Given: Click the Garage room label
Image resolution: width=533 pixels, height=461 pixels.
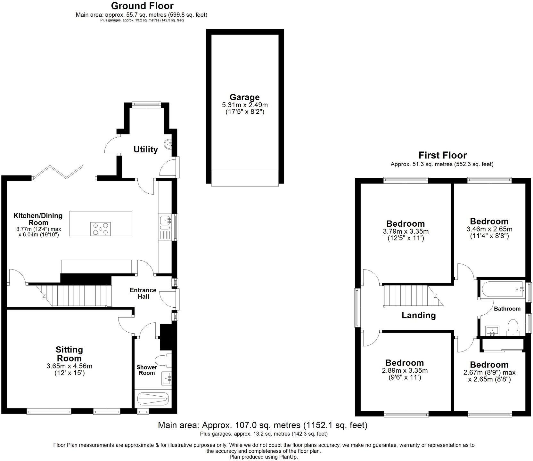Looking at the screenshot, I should pyautogui.click(x=244, y=97).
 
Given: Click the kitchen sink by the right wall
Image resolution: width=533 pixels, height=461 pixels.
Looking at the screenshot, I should pyautogui.click(x=166, y=220).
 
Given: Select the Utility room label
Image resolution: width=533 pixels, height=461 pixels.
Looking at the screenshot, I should pyautogui.click(x=146, y=150).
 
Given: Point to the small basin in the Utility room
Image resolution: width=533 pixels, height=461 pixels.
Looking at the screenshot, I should pyautogui.click(x=168, y=144).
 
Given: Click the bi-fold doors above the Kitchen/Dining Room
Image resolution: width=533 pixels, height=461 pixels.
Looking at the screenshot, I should pyautogui.click(x=58, y=172).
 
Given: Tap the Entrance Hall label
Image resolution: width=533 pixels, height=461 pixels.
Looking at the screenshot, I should pyautogui.click(x=143, y=293).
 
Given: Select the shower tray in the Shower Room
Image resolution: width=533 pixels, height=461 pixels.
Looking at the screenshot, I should pyautogui.click(x=152, y=399).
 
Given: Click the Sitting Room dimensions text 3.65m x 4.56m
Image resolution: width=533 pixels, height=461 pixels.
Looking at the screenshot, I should pyautogui.click(x=69, y=366).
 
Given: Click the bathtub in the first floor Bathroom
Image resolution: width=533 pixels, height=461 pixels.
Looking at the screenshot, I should pyautogui.click(x=502, y=289).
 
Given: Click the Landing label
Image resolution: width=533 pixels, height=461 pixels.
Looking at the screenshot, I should pyautogui.click(x=419, y=315).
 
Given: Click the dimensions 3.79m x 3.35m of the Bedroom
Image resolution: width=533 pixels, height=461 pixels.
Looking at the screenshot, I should pyautogui.click(x=406, y=231).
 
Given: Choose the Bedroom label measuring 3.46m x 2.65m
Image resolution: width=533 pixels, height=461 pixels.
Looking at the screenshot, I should pyautogui.click(x=489, y=221).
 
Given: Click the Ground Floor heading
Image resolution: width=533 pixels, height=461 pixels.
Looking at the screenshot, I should pyautogui.click(x=142, y=6).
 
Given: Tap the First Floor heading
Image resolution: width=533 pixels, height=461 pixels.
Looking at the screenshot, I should pyautogui.click(x=442, y=155).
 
